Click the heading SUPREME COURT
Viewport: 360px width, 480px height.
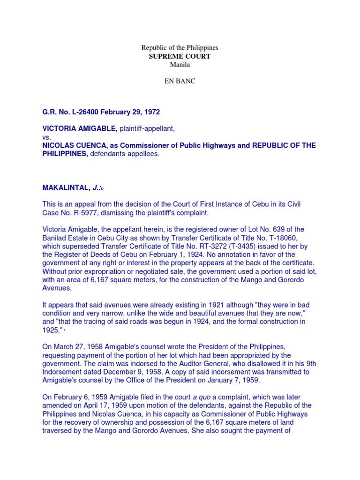pos(180,56)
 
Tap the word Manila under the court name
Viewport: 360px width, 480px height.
pos(180,65)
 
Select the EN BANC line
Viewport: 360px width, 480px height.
pos(180,81)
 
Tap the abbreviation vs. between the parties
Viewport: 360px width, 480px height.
pos(47,137)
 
